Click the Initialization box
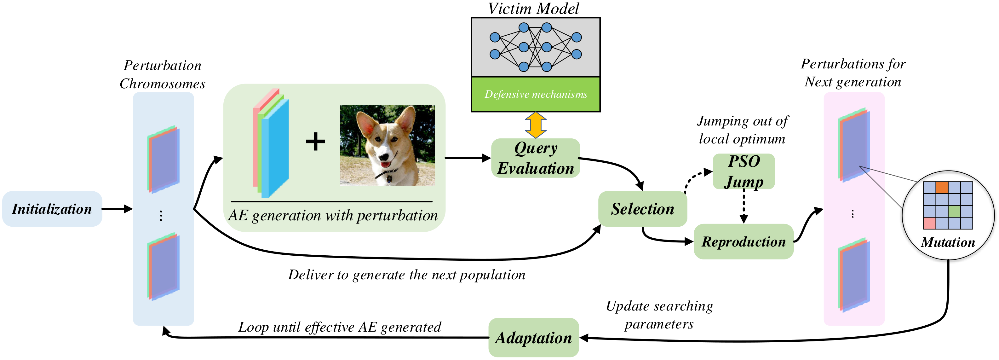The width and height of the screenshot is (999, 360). point(52,209)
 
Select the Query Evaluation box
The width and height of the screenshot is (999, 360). point(536,158)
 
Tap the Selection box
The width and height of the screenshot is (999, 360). point(643,209)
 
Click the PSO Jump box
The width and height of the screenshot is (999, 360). point(744,171)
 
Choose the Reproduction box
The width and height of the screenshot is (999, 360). point(744,241)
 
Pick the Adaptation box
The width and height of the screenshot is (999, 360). point(534,338)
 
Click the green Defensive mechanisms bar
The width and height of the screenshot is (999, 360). point(536,94)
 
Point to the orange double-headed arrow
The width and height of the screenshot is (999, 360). point(536,125)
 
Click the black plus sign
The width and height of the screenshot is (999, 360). point(316,142)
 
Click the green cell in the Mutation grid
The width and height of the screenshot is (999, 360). point(954,212)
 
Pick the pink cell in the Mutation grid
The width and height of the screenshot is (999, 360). point(930,223)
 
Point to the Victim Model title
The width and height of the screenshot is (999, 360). point(534,9)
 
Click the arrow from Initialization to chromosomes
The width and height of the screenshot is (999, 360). point(117,209)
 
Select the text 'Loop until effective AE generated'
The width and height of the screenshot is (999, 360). point(340,327)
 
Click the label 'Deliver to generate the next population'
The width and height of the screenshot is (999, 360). point(406,275)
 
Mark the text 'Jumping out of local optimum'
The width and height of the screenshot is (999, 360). point(742,130)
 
